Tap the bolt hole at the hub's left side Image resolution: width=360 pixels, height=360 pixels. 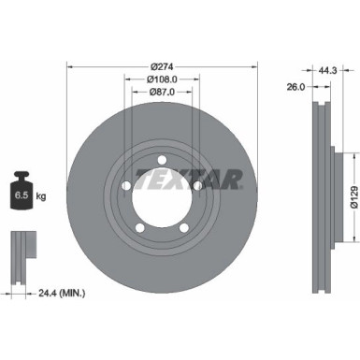pos(125,186)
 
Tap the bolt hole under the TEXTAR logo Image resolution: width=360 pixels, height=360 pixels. pos(197,186)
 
